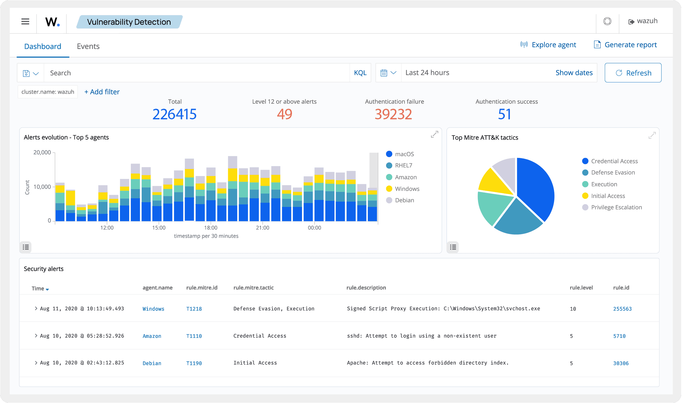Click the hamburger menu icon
(25, 21)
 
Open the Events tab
(88, 46)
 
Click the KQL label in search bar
(360, 73)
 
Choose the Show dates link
(574, 73)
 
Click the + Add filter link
(102, 92)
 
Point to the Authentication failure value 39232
(393, 114)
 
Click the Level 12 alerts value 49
(284, 114)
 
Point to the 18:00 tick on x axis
(211, 228)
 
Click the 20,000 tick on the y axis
(42, 152)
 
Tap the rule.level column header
(581, 288)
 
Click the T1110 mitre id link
(194, 336)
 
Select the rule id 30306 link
(621, 363)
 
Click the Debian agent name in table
(152, 363)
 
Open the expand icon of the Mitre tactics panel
(652, 135)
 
